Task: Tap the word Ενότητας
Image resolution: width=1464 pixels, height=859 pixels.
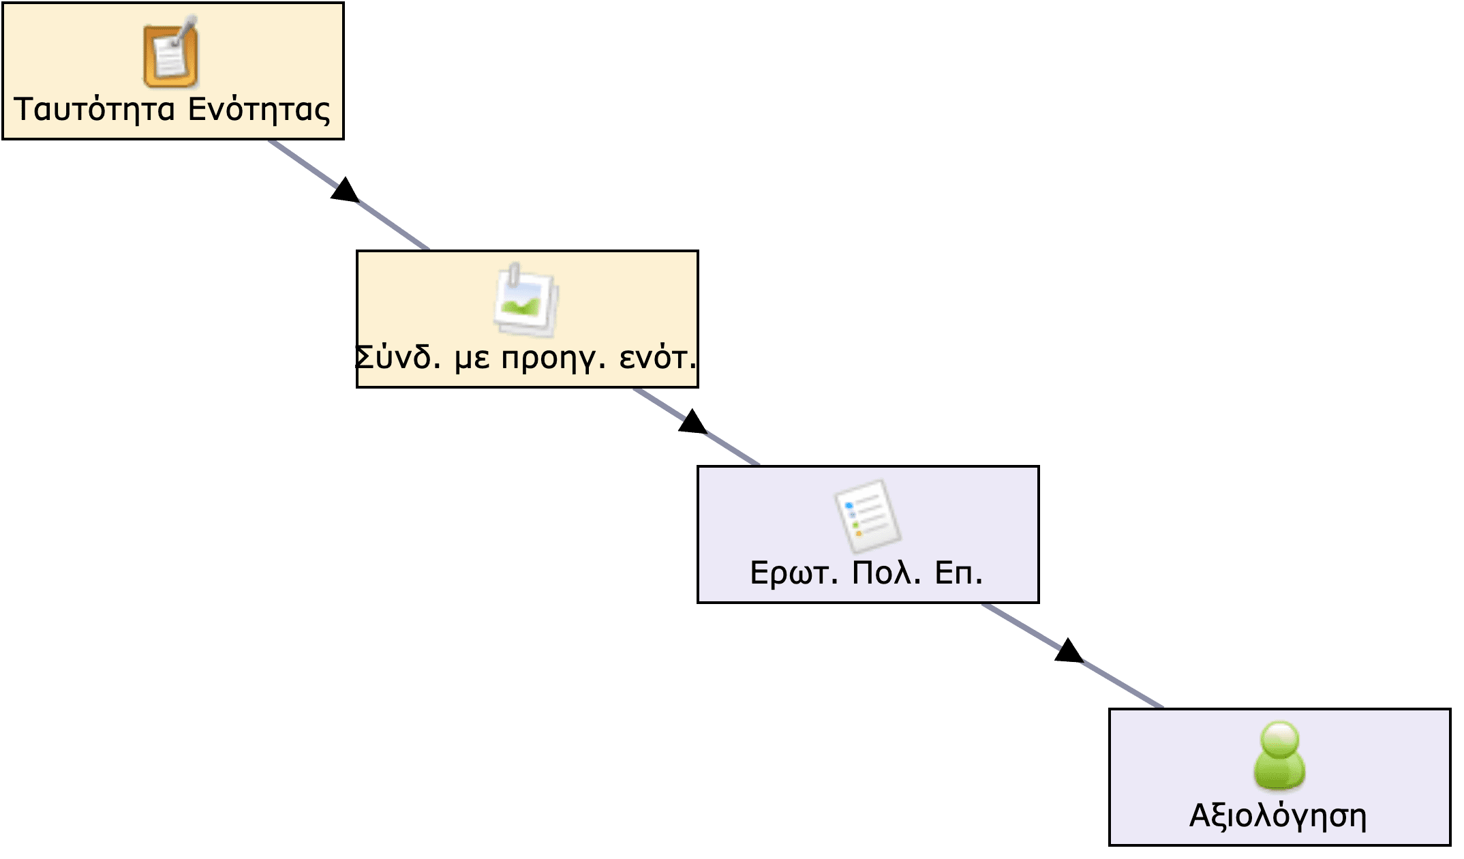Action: pos(259,110)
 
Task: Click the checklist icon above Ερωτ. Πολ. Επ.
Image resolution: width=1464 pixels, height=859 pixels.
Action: pos(868,517)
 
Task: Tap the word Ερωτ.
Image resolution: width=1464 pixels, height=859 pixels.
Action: pos(793,573)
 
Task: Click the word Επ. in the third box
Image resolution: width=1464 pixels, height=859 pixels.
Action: pos(958,573)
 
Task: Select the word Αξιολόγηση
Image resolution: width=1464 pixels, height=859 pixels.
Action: pos(1278,816)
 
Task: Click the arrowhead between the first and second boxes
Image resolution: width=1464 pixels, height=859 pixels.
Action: pos(345,191)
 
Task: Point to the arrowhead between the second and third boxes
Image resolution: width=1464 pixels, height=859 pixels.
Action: pos(692,423)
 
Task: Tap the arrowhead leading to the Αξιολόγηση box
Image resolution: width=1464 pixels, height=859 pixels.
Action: pos(1068,652)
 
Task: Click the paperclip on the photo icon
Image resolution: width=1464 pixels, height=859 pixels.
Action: pos(515,275)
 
